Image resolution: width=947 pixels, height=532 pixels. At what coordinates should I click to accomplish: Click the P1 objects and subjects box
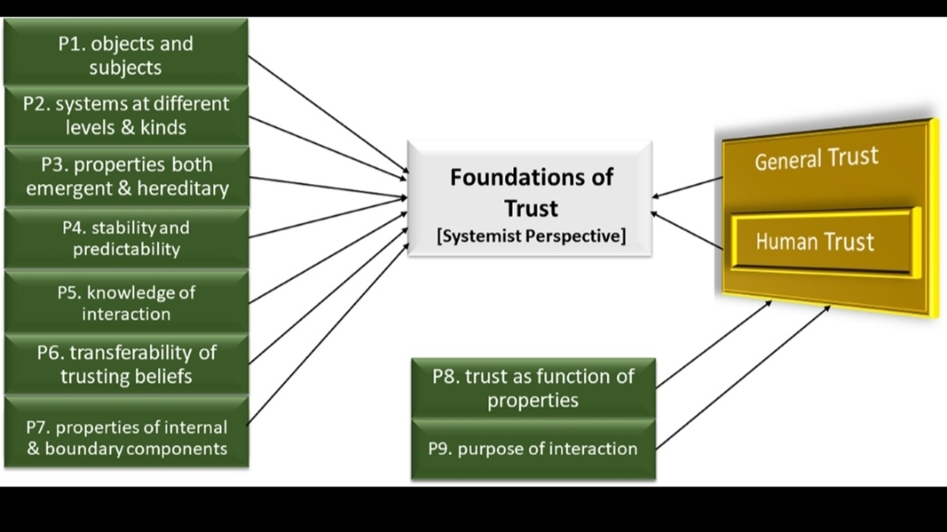(126, 54)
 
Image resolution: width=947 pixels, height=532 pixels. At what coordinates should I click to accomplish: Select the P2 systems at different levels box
(126, 115)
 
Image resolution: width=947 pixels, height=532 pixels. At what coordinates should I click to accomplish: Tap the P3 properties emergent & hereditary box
(126, 176)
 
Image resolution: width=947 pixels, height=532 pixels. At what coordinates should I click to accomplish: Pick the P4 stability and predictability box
(126, 238)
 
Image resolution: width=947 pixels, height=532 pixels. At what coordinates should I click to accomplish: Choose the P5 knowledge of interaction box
(126, 302)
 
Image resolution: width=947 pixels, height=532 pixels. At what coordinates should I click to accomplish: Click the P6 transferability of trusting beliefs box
(126, 364)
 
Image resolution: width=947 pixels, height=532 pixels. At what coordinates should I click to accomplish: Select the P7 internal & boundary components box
(126, 437)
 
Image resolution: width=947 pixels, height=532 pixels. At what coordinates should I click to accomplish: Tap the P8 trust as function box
(533, 388)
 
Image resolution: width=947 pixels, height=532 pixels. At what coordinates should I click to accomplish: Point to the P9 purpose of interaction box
(533, 449)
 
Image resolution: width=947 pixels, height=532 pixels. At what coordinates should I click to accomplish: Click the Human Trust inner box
(815, 242)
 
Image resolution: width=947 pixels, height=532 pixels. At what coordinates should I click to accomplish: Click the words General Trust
(816, 160)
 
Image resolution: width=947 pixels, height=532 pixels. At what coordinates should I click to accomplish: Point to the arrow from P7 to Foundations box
(329, 333)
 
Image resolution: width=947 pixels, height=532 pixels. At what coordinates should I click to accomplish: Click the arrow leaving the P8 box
(714, 343)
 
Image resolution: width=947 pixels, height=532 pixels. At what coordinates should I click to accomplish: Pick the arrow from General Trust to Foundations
(687, 187)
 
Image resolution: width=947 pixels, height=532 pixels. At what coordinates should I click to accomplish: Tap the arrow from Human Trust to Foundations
(687, 230)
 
